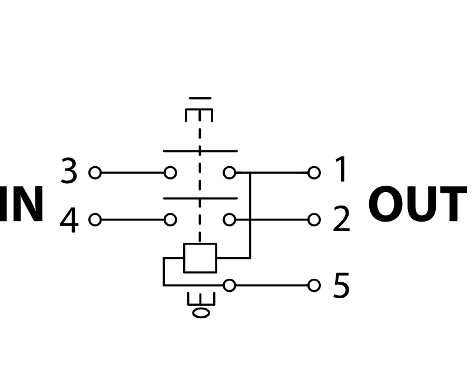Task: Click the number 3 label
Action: [x=69, y=172]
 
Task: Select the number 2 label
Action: [x=342, y=220]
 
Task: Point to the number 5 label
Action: [x=342, y=286]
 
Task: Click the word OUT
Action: [x=417, y=206]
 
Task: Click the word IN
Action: [x=22, y=206]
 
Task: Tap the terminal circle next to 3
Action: [x=95, y=173]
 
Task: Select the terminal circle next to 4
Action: [x=95, y=220]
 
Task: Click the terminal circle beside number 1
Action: [x=314, y=173]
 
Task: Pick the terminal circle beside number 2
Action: [x=314, y=220]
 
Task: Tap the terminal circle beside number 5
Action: [x=314, y=285]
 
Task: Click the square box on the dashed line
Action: [x=200, y=258]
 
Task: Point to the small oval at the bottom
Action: [x=201, y=312]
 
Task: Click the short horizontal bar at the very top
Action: [x=200, y=98]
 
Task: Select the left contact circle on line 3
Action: [x=170, y=173]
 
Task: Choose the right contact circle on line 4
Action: [x=230, y=220]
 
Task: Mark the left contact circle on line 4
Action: [x=170, y=220]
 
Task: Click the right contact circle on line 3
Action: [x=230, y=173]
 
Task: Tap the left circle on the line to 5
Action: [x=230, y=285]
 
